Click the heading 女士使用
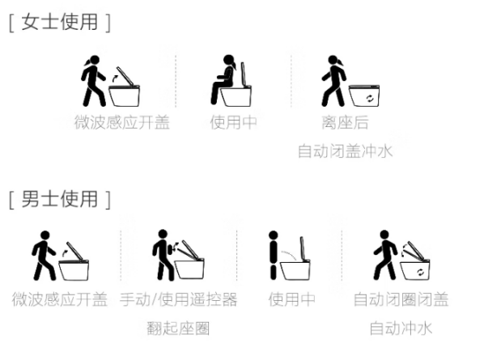tap(60, 22)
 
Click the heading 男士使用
tap(60, 199)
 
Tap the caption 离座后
tap(345, 122)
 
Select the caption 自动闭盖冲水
tap(345, 150)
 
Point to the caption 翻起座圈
tap(178, 328)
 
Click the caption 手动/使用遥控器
tap(178, 299)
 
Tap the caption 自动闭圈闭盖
tap(401, 299)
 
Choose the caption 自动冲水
tap(401, 328)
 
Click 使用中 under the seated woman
tap(233, 122)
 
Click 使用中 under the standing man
tap(291, 299)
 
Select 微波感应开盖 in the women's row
tap(122, 122)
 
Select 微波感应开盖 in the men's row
tap(60, 299)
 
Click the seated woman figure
tap(223, 80)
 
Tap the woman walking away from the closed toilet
tap(333, 81)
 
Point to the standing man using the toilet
tap(274, 256)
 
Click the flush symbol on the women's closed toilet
tap(370, 99)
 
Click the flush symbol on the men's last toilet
tap(420, 272)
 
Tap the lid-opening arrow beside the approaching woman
tap(114, 78)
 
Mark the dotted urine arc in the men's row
tap(289, 255)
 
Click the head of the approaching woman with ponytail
tap(94, 60)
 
